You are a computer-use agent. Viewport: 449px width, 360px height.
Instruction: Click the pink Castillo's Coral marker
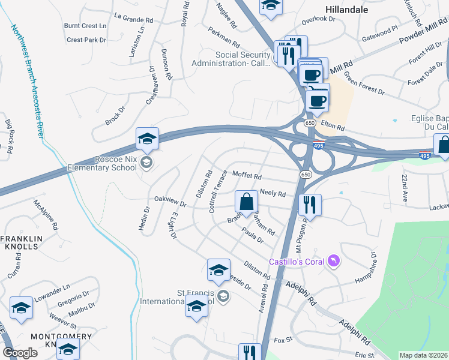[x=334, y=262]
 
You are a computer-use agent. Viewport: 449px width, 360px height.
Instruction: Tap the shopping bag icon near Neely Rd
[x=246, y=203]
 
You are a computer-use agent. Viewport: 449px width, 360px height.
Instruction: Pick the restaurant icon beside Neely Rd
[x=310, y=205]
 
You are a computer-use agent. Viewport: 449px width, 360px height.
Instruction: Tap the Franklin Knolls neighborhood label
[x=24, y=242]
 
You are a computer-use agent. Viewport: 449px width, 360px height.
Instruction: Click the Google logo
[x=20, y=353]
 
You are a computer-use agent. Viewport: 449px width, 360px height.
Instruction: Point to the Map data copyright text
[x=423, y=355]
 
